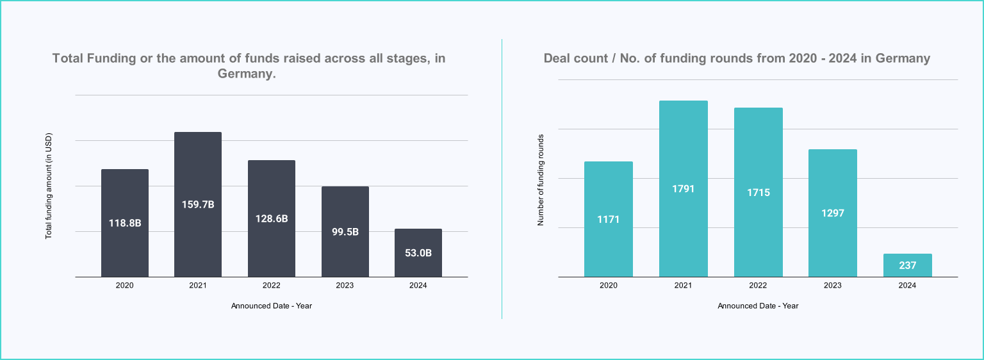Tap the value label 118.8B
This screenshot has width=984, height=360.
coord(124,224)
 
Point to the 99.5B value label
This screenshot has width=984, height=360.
coord(345,232)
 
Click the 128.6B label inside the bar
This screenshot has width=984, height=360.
coord(272,218)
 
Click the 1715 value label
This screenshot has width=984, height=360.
coord(758,192)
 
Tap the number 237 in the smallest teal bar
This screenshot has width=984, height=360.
coord(907,265)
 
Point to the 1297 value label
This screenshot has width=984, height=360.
coord(832,213)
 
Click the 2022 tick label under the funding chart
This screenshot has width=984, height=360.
coord(272,286)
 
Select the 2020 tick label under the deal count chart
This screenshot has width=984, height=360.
coord(608,286)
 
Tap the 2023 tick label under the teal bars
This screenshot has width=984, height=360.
coord(832,286)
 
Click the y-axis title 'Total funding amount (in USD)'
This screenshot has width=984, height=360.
coord(48,186)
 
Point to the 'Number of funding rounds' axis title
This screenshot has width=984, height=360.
coord(541,180)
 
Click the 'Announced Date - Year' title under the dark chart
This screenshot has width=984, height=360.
coord(272,306)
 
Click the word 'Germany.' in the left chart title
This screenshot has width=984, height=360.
coord(247,74)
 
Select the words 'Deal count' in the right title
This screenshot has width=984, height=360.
coord(573,58)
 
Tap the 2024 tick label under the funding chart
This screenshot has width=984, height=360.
coord(418,286)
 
